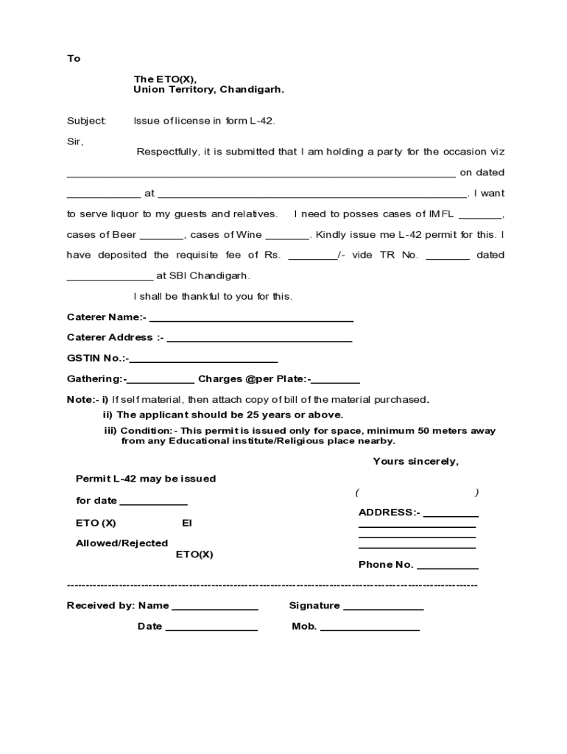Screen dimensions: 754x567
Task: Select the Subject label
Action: coord(86,120)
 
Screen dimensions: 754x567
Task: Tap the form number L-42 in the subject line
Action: coord(261,120)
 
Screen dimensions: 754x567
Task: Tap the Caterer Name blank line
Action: coord(251,320)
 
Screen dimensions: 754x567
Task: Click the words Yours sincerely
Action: coord(415,462)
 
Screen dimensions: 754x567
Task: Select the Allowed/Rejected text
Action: coord(121,543)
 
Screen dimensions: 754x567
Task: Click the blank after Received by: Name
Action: coord(215,608)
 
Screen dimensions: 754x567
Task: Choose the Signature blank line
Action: coord(383,608)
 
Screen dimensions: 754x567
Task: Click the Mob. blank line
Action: coord(370,629)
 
